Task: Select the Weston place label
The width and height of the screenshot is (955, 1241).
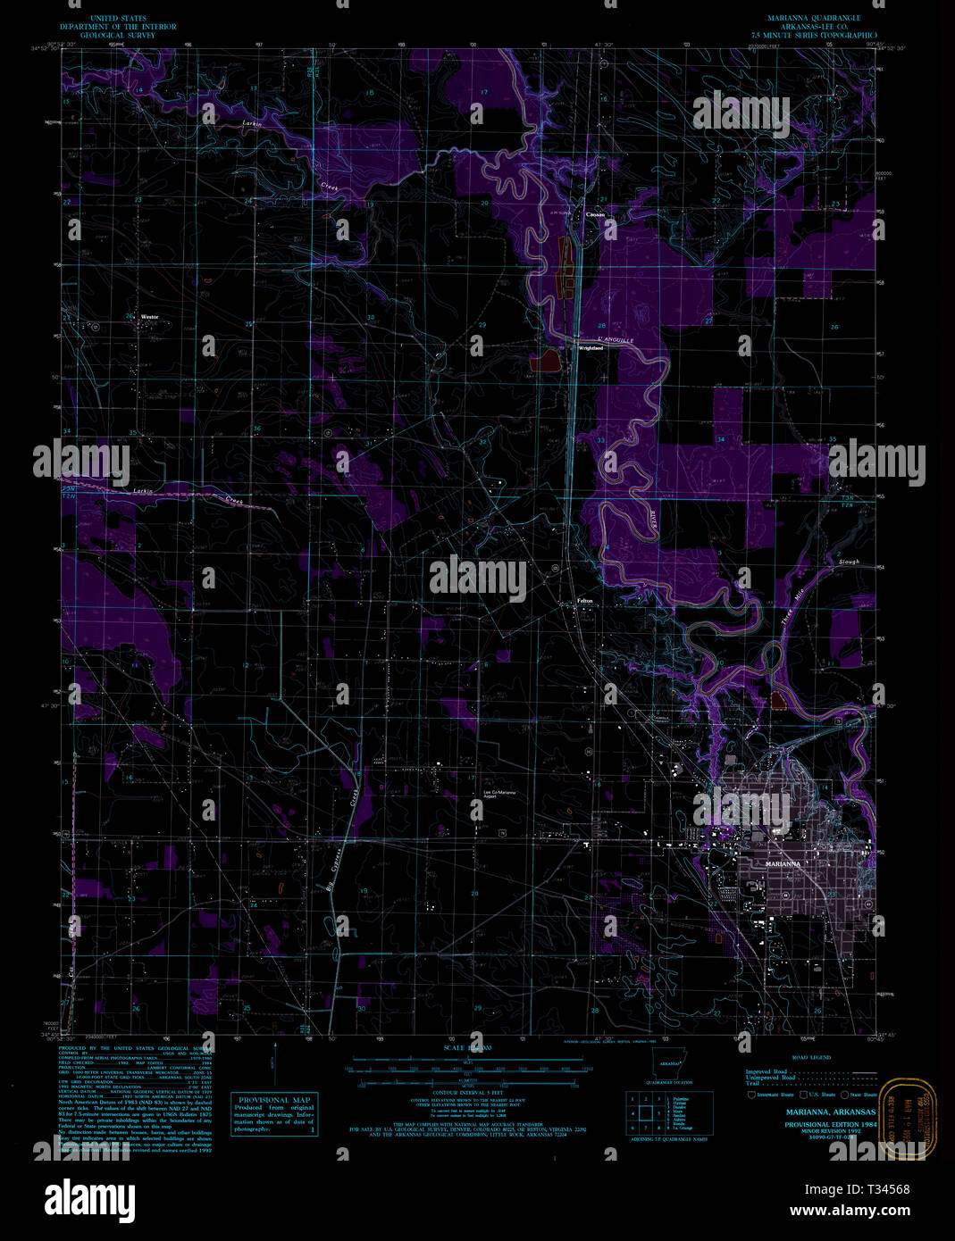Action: coord(148,316)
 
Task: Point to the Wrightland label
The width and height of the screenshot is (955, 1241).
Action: coord(590,348)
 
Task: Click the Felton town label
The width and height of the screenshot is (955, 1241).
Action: coord(585,601)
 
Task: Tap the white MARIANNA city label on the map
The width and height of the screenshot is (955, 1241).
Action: coord(780,864)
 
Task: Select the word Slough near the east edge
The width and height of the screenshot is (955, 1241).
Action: coord(848,562)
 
